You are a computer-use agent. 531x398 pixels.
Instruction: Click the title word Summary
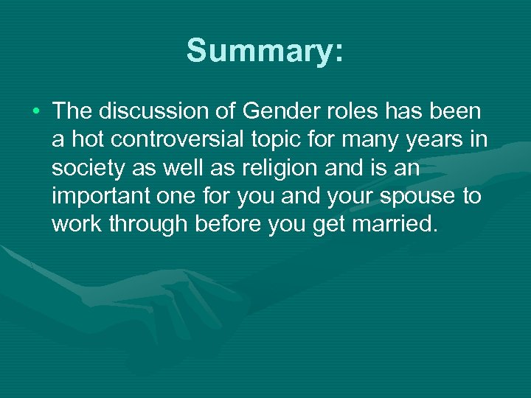pyautogui.click(x=265, y=52)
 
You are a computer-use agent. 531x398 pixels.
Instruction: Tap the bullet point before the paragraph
pyautogui.click(x=36, y=111)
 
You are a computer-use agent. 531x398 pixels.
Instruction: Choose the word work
pyautogui.click(x=77, y=225)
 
